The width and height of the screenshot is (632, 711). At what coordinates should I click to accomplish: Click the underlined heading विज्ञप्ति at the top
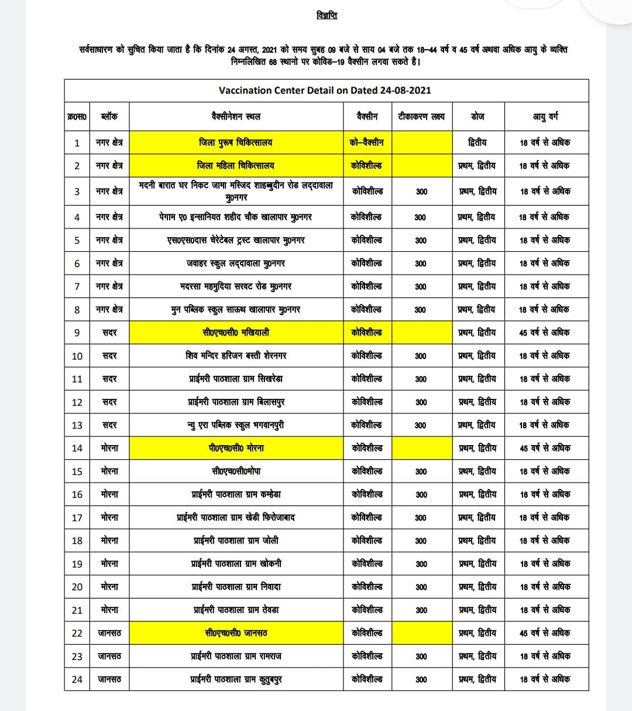click(x=326, y=16)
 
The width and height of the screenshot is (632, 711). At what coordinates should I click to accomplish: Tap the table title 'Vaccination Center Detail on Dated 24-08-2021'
click(x=325, y=90)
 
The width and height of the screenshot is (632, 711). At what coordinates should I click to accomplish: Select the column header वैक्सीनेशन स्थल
click(x=236, y=117)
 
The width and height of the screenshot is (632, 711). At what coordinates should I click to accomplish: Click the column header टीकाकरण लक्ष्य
click(x=421, y=117)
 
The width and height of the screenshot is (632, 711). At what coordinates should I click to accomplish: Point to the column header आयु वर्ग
click(x=545, y=117)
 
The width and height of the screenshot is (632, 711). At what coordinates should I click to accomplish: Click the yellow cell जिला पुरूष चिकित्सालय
click(x=236, y=142)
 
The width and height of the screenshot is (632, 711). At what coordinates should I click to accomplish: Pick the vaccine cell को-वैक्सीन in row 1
click(x=367, y=142)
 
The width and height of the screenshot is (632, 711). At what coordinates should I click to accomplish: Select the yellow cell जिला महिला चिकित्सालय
click(x=236, y=166)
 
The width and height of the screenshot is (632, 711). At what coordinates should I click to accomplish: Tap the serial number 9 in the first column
click(x=77, y=333)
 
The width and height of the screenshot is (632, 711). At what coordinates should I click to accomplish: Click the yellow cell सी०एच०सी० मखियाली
click(x=236, y=333)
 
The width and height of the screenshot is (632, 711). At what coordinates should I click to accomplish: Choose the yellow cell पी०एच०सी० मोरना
click(x=236, y=448)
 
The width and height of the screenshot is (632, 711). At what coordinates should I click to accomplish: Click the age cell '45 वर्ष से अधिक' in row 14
click(x=545, y=448)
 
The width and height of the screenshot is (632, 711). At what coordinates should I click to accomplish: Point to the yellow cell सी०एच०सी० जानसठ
click(x=236, y=633)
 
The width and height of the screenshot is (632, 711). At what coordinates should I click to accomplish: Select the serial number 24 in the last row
click(x=77, y=679)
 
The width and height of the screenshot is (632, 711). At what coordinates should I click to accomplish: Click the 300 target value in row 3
click(x=421, y=192)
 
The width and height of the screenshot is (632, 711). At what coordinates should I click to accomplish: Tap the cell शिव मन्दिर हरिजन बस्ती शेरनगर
click(x=236, y=355)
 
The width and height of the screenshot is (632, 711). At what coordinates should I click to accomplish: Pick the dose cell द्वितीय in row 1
click(x=478, y=142)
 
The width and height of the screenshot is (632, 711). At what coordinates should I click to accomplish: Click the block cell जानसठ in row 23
click(x=109, y=657)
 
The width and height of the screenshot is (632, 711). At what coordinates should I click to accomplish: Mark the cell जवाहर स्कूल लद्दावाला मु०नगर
click(x=236, y=264)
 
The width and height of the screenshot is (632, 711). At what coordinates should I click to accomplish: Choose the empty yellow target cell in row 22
click(x=421, y=633)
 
